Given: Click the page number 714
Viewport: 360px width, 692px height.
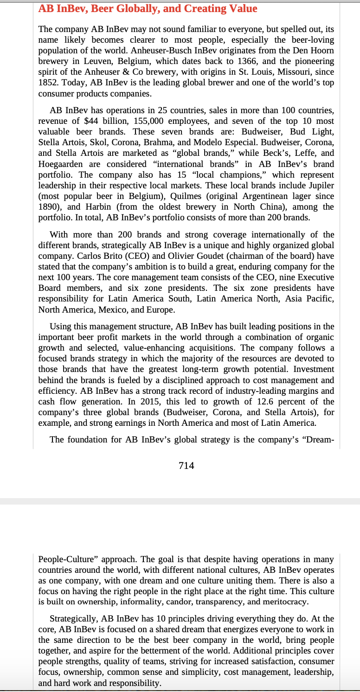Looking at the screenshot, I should (x=186, y=465).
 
